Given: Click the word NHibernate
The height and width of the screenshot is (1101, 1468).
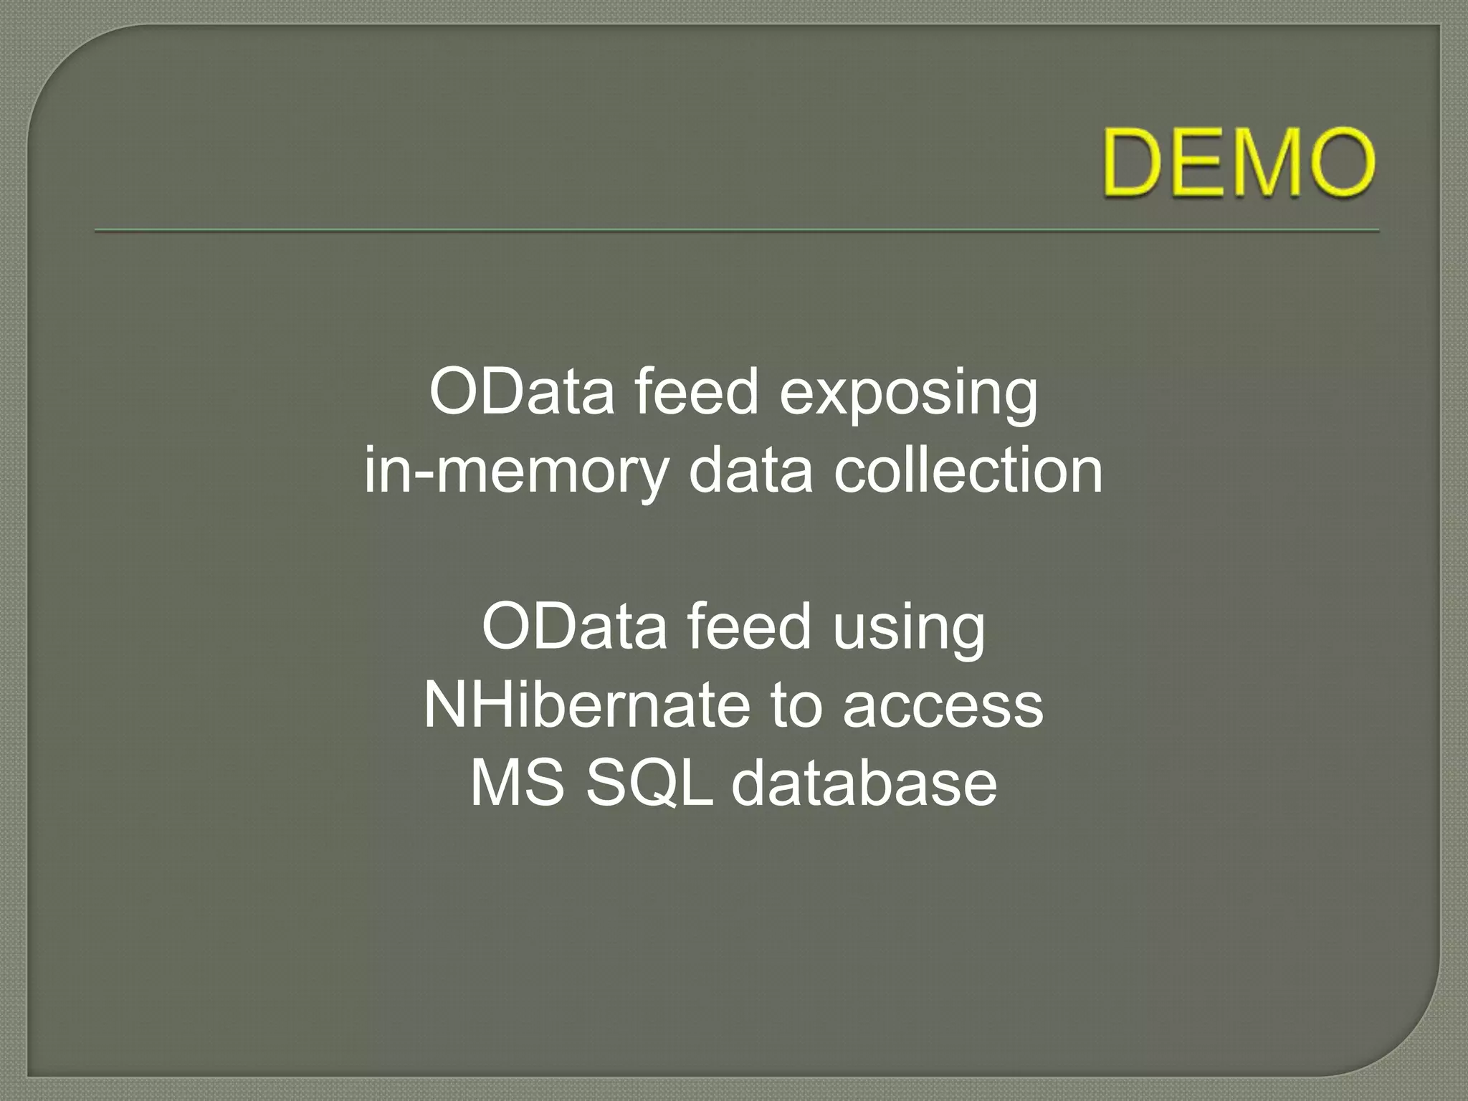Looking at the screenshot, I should click(586, 705).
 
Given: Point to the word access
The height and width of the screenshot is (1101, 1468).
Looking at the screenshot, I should click(943, 707).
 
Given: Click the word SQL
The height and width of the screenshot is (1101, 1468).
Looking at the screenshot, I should click(649, 783).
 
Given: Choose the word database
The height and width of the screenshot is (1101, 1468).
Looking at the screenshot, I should click(864, 783).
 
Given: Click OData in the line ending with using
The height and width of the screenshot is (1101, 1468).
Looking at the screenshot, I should click(574, 626).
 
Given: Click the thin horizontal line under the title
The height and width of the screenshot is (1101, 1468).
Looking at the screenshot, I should click(737, 231).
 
